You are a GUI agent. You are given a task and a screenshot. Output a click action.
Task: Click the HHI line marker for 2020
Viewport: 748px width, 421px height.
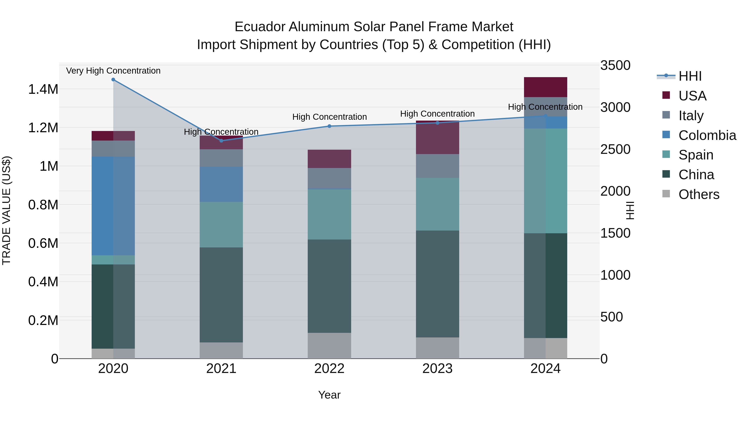pyautogui.click(x=113, y=80)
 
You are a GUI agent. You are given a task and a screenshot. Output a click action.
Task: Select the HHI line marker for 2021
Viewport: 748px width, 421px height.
pyautogui.click(x=221, y=141)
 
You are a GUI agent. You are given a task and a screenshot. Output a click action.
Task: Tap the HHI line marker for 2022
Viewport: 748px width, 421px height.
pyautogui.click(x=329, y=126)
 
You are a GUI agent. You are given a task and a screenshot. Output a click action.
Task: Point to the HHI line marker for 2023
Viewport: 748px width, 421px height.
pyautogui.click(x=438, y=123)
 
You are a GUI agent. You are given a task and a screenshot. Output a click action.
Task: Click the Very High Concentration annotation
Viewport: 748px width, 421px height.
pyautogui.click(x=113, y=71)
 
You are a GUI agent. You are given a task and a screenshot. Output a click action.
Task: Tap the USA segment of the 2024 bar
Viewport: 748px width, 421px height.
pyautogui.click(x=545, y=87)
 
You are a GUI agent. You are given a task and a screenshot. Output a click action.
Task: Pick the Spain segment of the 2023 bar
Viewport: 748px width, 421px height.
pyautogui.click(x=438, y=204)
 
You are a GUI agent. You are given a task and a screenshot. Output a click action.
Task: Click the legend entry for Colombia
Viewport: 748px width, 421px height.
pyautogui.click(x=707, y=135)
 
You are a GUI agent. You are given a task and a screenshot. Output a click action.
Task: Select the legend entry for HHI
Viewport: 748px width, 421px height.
pyautogui.click(x=690, y=76)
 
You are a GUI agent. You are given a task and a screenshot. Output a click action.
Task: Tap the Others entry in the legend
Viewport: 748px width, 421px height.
pyautogui.click(x=699, y=194)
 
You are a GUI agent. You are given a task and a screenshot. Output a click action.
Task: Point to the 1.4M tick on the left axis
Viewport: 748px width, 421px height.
pyautogui.click(x=43, y=89)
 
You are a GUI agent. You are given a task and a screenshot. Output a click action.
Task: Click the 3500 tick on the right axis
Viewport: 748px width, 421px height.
pyautogui.click(x=615, y=65)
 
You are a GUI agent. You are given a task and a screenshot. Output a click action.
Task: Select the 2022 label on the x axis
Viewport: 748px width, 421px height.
pyautogui.click(x=329, y=369)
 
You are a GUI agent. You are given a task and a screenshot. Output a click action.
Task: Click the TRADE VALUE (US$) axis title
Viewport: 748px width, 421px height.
pyautogui.click(x=6, y=210)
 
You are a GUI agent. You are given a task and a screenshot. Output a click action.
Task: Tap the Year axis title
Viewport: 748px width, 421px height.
pyautogui.click(x=329, y=395)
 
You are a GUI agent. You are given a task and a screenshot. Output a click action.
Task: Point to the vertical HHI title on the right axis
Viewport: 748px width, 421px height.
pyautogui.click(x=630, y=210)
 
